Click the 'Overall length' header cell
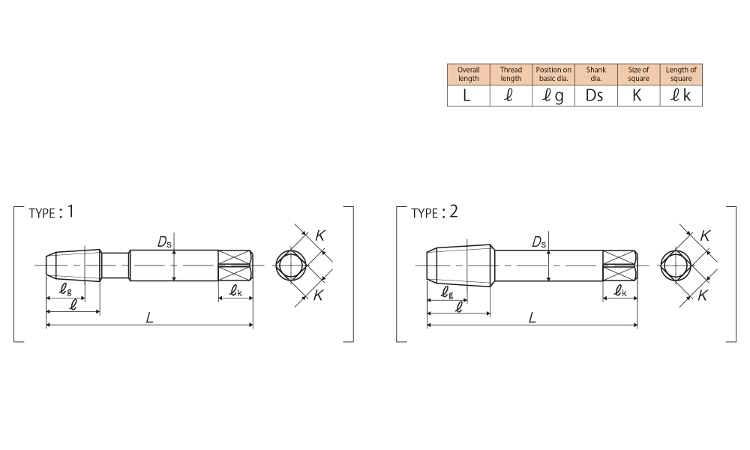click(x=468, y=74)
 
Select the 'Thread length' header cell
click(x=511, y=74)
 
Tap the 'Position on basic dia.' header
click(x=553, y=74)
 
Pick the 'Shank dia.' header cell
click(x=596, y=74)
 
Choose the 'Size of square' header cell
click(x=638, y=74)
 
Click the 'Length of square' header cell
click(x=681, y=74)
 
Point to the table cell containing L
click(x=468, y=96)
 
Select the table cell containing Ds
click(x=596, y=96)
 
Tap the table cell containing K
click(x=638, y=96)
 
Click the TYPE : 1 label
click(x=51, y=211)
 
